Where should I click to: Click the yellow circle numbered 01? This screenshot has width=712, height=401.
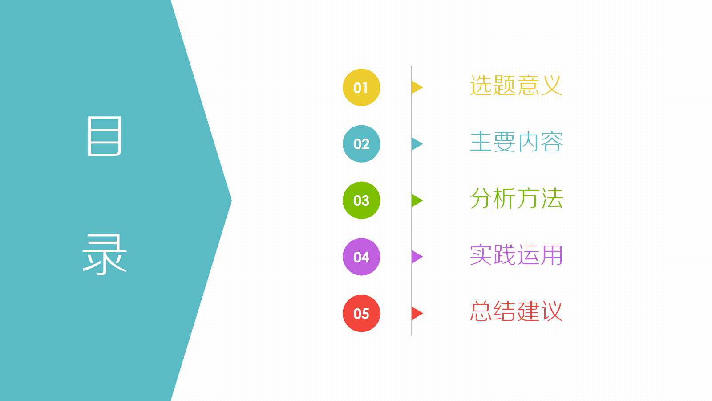tap(361, 87)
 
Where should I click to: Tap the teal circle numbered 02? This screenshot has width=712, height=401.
tap(361, 144)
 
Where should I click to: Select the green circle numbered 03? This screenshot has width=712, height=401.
tap(361, 200)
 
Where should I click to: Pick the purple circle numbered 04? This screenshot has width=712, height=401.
tap(361, 257)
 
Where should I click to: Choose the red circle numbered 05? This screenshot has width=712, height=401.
tap(361, 313)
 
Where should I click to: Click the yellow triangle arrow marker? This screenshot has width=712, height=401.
tap(416, 87)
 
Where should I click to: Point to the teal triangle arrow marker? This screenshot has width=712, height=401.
tap(416, 144)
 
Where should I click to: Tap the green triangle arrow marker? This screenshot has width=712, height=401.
tap(416, 200)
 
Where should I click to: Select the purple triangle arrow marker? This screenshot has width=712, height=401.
tap(416, 257)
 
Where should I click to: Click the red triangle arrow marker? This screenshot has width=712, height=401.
tap(416, 313)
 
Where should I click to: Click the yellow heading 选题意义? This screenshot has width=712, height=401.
tap(516, 86)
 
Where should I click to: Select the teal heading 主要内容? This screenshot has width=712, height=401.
tap(516, 142)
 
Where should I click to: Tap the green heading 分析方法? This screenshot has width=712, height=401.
tap(516, 198)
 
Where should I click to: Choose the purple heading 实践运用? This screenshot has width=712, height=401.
tap(516, 255)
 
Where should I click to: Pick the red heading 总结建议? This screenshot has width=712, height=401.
tap(516, 311)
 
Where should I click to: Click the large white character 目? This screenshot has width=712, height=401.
tap(105, 136)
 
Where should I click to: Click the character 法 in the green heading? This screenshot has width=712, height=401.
tap(552, 198)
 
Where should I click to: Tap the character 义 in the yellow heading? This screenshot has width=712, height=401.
tap(552, 86)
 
